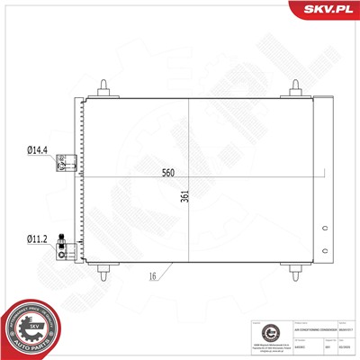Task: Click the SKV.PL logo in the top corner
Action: click(x=326, y=12)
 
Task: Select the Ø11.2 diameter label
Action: click(x=37, y=239)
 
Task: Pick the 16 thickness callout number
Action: click(x=154, y=278)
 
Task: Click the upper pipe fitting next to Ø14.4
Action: click(x=65, y=163)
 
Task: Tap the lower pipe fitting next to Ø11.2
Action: click(x=65, y=245)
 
